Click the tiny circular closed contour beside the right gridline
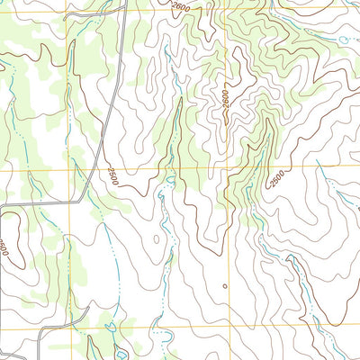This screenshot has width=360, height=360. [x=224, y=286]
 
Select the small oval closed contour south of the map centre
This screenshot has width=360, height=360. [x=155, y=239]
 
